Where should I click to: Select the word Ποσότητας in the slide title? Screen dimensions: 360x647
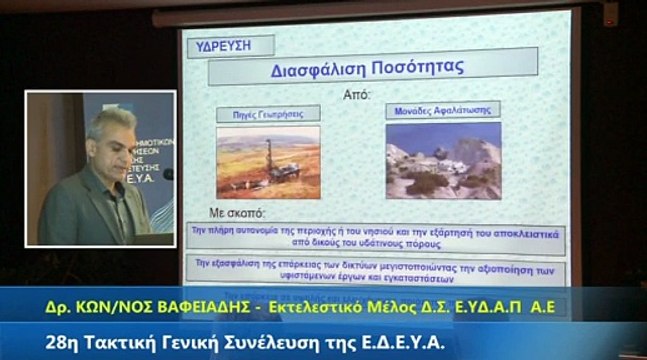click(x=419, y=71)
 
